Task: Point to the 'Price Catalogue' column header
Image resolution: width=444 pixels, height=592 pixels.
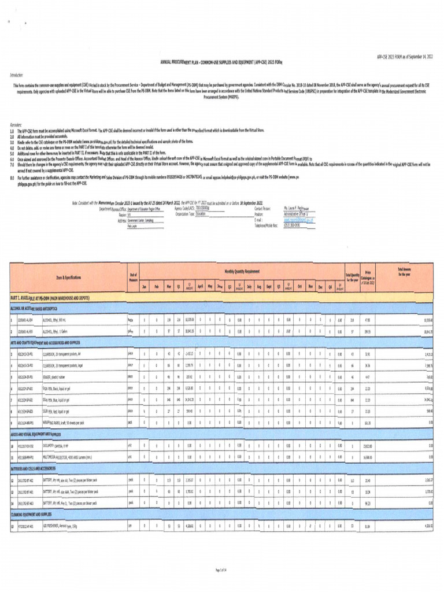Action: [368, 277]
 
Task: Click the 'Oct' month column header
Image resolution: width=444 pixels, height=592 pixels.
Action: [299, 286]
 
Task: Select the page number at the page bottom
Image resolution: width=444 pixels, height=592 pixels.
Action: [222, 570]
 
